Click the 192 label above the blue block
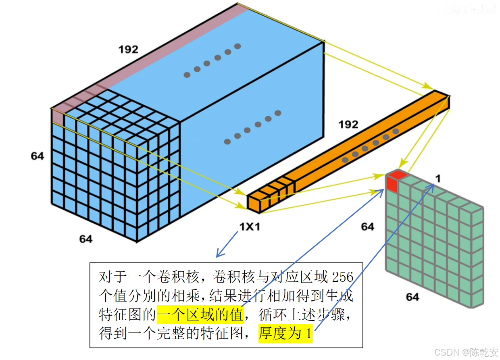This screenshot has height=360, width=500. (x=128, y=50)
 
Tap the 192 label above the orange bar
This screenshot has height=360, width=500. (x=348, y=124)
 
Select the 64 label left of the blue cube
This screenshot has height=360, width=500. (x=37, y=156)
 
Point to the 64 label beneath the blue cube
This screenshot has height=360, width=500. (x=85, y=239)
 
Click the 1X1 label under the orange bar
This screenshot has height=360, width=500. (x=250, y=227)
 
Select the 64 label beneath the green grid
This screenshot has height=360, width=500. (x=412, y=297)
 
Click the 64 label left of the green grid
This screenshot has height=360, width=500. (x=367, y=227)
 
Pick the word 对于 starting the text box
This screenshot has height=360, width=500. (x=110, y=277)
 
